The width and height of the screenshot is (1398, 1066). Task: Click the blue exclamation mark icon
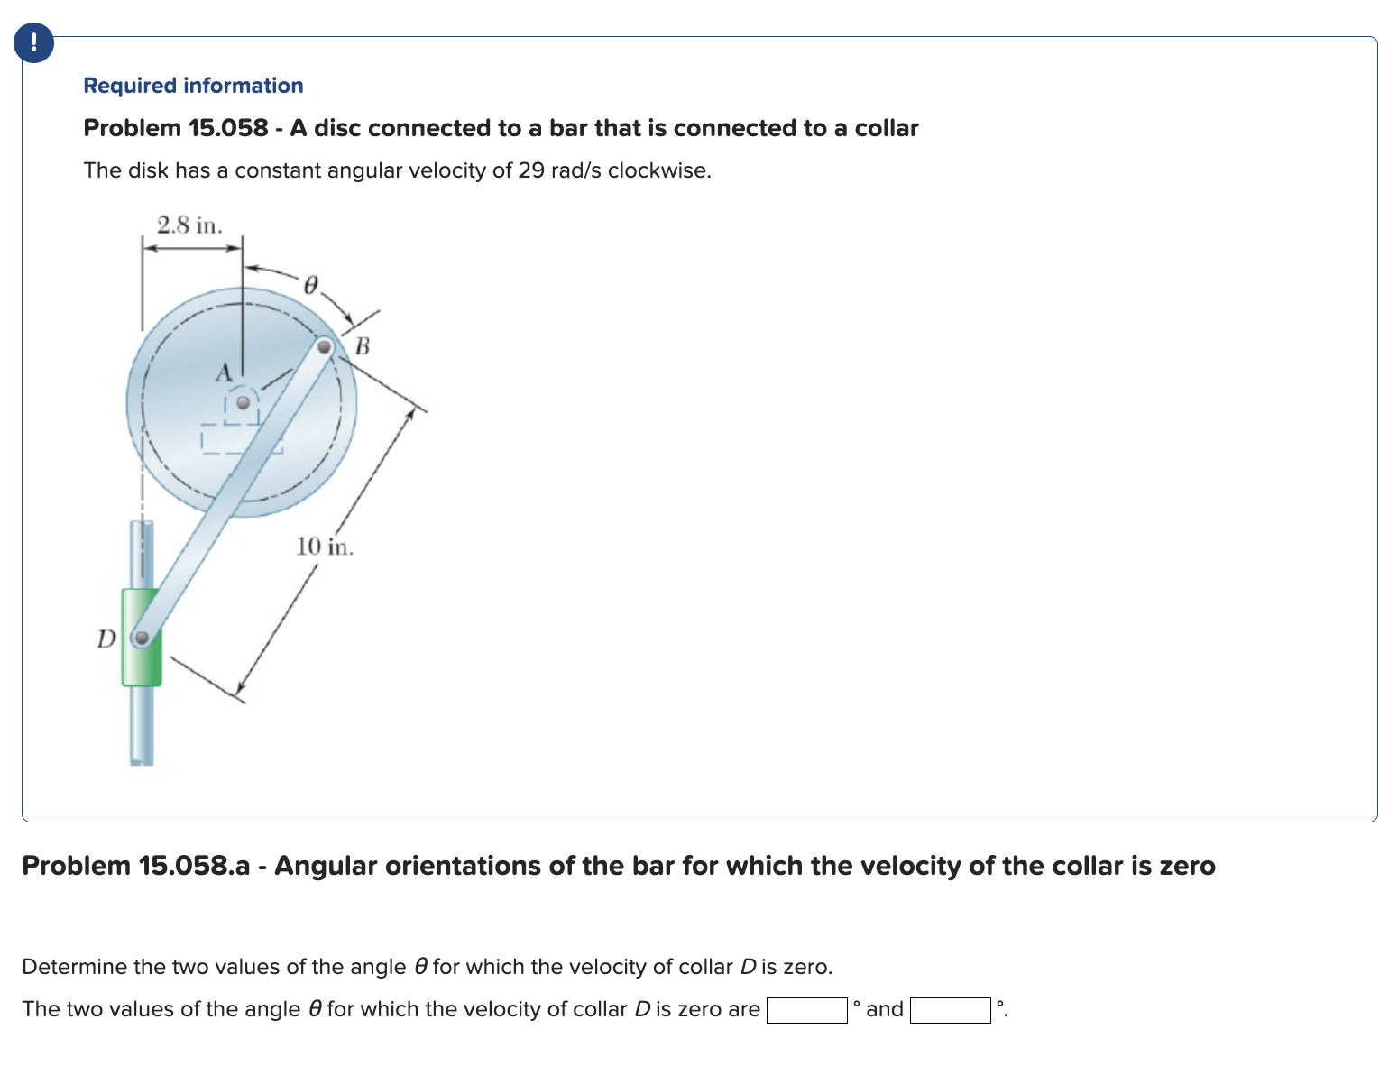[x=33, y=42]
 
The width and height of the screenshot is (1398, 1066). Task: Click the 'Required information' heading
[x=193, y=86]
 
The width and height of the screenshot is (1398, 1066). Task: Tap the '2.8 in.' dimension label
[x=189, y=225]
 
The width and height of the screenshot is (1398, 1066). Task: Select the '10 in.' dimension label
[x=325, y=547]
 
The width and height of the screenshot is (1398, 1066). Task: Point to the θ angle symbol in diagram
[x=310, y=286]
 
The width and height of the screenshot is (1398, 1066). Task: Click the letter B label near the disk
[x=363, y=345]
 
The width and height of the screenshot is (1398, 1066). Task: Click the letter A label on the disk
[x=223, y=372]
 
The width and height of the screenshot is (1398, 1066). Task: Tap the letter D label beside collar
[x=106, y=639]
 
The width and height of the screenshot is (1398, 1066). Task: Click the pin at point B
[x=325, y=346]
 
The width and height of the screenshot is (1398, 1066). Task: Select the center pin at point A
[x=242, y=403]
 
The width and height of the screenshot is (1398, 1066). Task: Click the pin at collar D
[x=142, y=639]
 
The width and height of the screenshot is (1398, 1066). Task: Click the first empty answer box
[x=806, y=1010]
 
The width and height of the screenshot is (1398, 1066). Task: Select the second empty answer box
[x=950, y=1010]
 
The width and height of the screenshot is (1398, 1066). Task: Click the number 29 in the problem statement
[x=530, y=170]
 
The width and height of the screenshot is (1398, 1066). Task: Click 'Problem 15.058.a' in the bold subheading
[x=135, y=866]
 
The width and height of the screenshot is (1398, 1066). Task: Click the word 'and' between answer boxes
[x=884, y=1009]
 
